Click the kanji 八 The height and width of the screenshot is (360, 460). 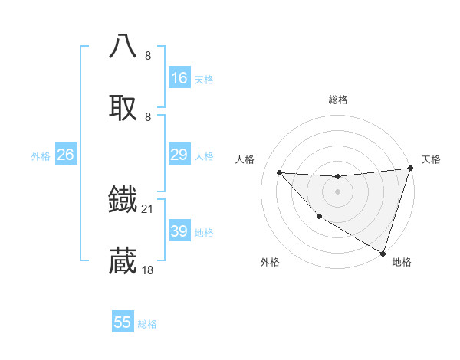click(x=123, y=45)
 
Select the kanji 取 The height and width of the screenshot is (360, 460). click(x=123, y=107)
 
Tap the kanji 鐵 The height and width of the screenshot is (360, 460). click(x=123, y=199)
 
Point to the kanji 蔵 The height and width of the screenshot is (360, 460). click(x=123, y=261)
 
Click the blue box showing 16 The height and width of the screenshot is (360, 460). click(x=179, y=78)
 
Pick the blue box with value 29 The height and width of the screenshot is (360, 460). click(x=179, y=155)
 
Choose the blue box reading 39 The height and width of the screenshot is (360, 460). click(x=179, y=231)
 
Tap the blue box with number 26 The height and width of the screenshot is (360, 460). click(x=65, y=155)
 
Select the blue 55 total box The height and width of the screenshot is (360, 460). click(x=123, y=322)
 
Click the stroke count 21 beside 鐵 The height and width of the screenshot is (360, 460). click(x=148, y=208)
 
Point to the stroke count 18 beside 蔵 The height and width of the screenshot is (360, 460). click(x=148, y=270)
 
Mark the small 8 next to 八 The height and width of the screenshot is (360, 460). click(x=148, y=55)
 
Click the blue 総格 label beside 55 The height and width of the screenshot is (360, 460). click(x=147, y=324)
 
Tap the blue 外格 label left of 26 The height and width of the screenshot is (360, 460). click(x=41, y=156)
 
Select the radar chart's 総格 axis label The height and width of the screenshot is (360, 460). click(x=338, y=100)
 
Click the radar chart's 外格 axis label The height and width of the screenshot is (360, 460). click(x=270, y=262)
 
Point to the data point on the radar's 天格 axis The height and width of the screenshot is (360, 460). click(x=410, y=169)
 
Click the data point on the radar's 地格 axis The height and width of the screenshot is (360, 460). click(x=383, y=253)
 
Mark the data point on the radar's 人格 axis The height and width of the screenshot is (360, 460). click(x=279, y=172)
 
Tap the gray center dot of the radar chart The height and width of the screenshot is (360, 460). click(x=337, y=191)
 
